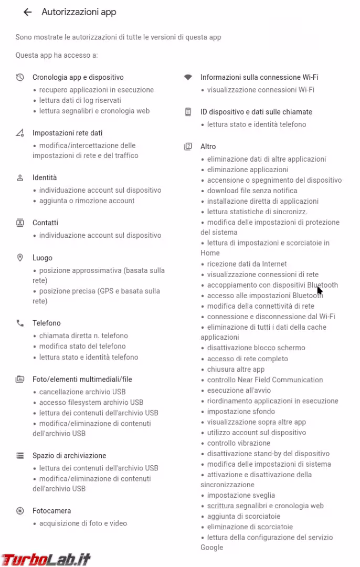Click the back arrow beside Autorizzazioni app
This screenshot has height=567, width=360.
coord(28,12)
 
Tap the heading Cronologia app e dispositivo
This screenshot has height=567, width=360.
coord(78,77)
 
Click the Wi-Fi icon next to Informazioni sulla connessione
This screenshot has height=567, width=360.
coord(188,77)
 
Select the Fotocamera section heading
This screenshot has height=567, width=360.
coord(51,511)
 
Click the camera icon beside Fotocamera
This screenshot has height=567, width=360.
coord(20,511)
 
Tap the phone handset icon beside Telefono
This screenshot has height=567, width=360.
coord(20,323)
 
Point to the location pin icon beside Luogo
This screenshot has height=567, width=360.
coord(20,258)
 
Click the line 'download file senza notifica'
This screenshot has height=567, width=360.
coord(252,191)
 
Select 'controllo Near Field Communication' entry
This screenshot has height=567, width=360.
coord(264,380)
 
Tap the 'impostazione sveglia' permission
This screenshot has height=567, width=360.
coord(241,495)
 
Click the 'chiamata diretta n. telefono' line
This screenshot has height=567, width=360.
coord(83,335)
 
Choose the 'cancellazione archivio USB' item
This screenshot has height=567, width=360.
coord(82,392)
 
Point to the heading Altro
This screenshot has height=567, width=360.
coord(208,146)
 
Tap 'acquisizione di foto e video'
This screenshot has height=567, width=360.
coord(83,523)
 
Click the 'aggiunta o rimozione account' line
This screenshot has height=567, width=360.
coord(87,201)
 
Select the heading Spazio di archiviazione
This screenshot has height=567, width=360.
coord(69,456)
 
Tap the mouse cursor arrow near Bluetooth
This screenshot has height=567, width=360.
coord(320,290)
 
